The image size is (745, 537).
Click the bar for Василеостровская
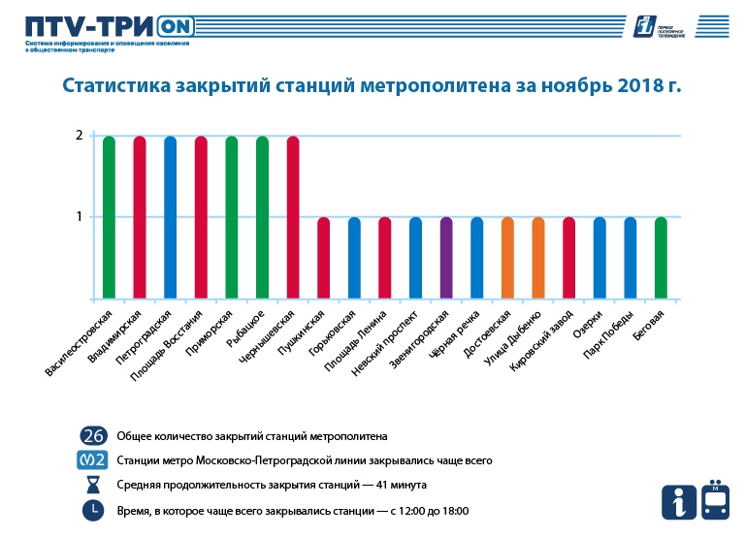click(109, 217)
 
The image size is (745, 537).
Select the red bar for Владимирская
click(140, 217)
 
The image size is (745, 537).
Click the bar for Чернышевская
click(293, 217)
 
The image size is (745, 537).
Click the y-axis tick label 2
click(79, 136)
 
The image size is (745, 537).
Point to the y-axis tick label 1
click(79, 217)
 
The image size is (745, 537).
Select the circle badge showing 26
click(93, 436)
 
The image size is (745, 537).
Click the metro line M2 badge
click(93, 460)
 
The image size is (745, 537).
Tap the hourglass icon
click(93, 485)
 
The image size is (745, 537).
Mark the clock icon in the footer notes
click(93, 510)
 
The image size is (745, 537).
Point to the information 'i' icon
click(677, 501)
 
